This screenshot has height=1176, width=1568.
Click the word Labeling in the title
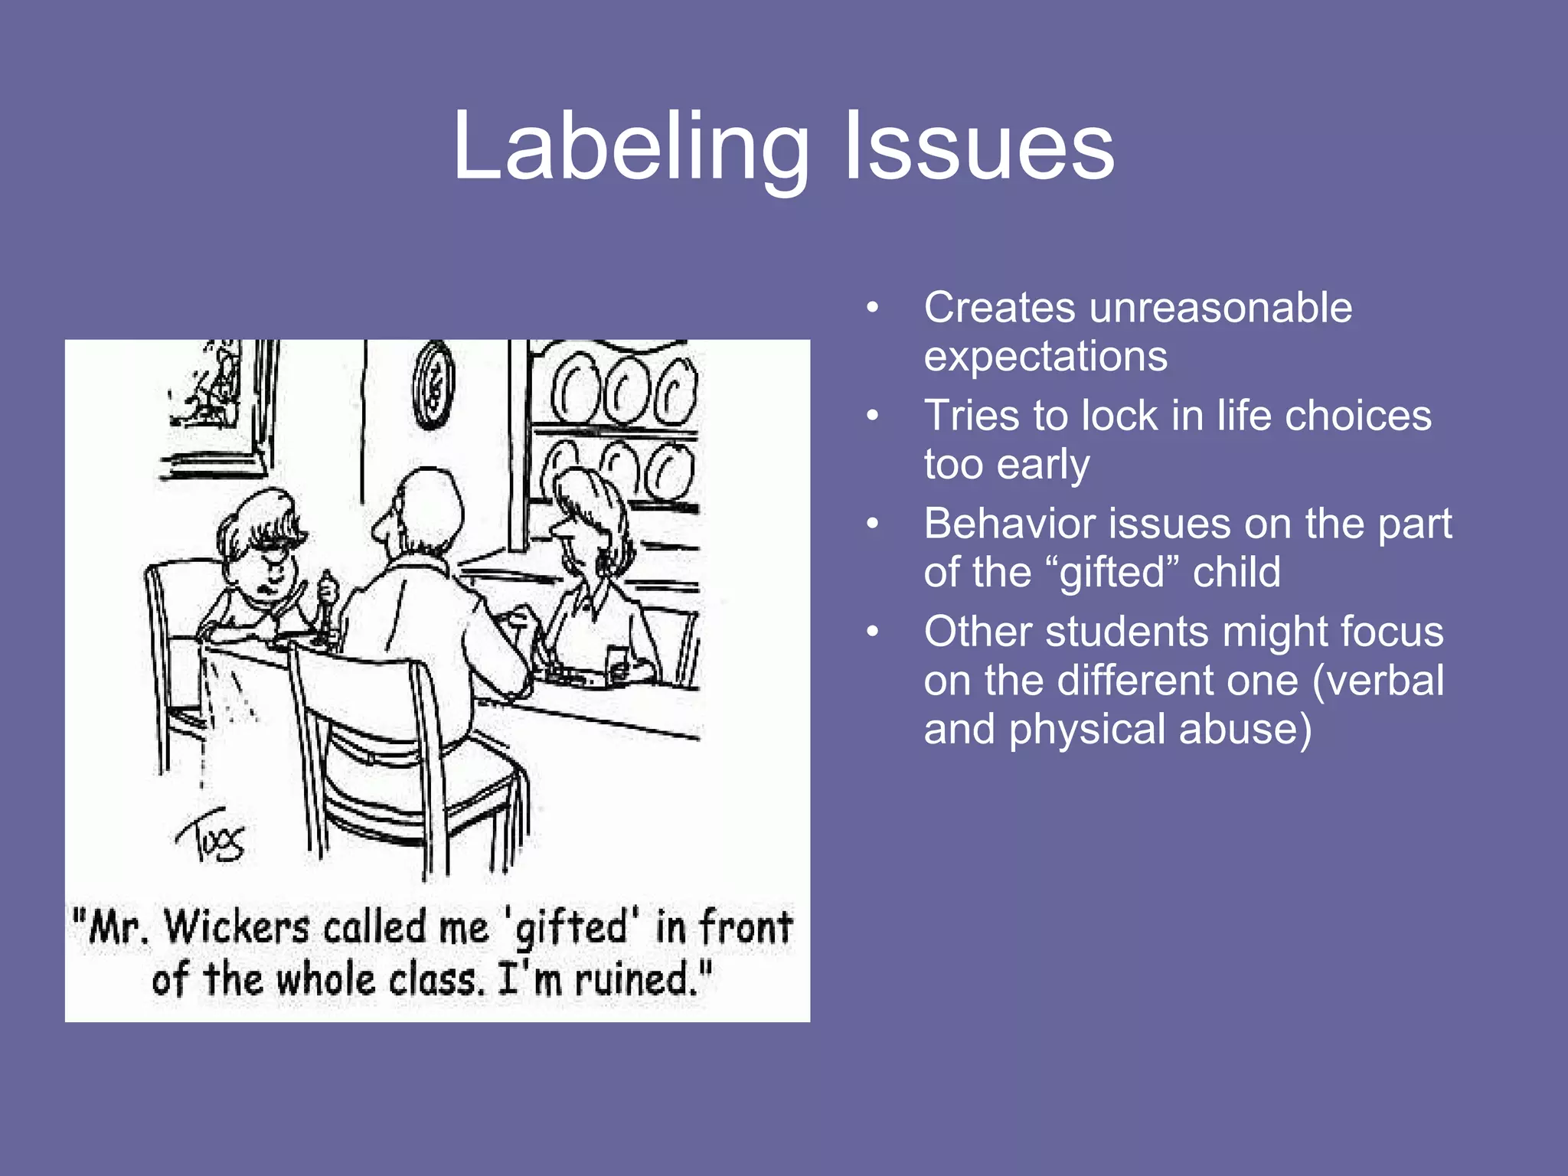point(631,147)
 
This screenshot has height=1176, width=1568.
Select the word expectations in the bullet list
point(1046,357)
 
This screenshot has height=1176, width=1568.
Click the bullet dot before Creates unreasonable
point(872,309)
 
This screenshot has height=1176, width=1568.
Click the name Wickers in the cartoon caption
point(237,927)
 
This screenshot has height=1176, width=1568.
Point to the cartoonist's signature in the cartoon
point(211,838)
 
